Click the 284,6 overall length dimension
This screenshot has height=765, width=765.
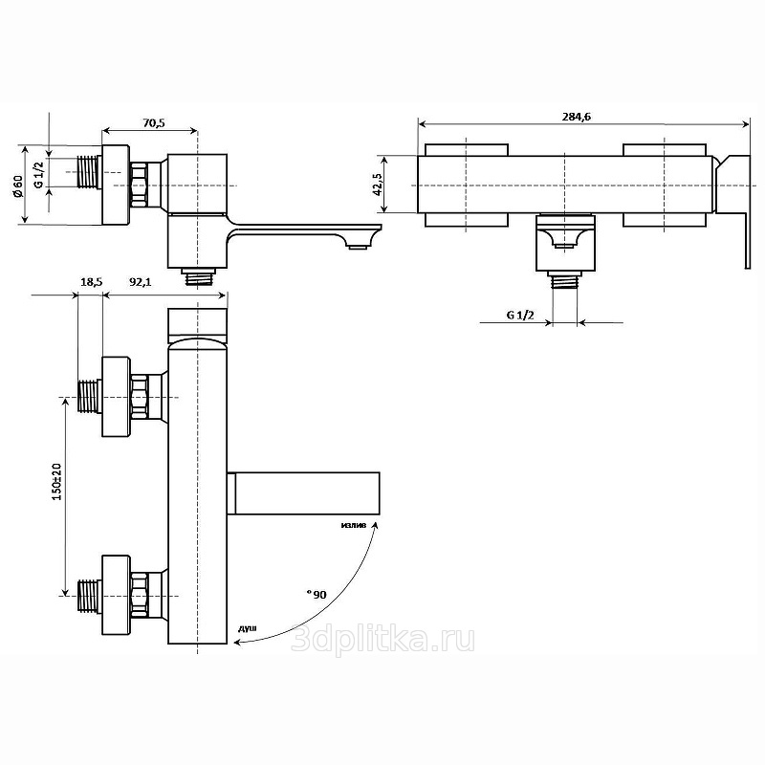[x=577, y=117]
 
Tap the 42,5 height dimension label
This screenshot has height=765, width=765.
[x=378, y=184]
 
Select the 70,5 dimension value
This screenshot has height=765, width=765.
[x=154, y=122]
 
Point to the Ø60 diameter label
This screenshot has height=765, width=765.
[x=18, y=186]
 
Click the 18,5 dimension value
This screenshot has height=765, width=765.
[x=91, y=281]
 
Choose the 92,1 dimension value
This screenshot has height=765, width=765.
[x=140, y=281]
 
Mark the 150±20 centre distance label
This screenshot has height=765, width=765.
[x=56, y=482]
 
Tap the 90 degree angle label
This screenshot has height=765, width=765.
[x=317, y=594]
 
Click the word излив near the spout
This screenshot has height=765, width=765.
[x=354, y=525]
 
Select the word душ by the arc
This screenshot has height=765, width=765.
[x=248, y=628]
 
